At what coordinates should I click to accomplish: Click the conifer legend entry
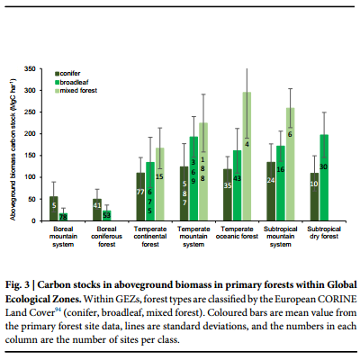pos(67,74)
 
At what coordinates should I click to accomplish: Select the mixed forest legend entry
pos(76,91)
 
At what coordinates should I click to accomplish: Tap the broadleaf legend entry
pos(72,82)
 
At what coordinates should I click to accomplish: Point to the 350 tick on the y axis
pos(30,69)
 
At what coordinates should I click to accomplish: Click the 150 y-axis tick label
pos(30,156)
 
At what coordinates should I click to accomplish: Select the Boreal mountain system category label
pos(63,237)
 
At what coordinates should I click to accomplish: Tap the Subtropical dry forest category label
pos(324,233)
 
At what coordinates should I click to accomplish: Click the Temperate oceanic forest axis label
pos(237,233)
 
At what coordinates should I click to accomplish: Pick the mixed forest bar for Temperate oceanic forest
pos(247,157)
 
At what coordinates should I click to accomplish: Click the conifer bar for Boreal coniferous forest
pos(97,210)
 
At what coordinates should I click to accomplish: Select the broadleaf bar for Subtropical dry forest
pos(324,177)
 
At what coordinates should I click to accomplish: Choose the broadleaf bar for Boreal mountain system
pos(63,217)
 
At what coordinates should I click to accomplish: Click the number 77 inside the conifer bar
pos(140,192)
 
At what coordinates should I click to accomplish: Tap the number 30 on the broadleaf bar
pos(323,166)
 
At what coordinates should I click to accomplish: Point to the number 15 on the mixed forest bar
pos(159,177)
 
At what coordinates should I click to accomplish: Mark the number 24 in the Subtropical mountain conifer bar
pos(271,181)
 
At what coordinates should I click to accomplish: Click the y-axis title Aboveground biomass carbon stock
pos(13,149)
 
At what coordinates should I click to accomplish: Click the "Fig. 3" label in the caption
pos(17,284)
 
